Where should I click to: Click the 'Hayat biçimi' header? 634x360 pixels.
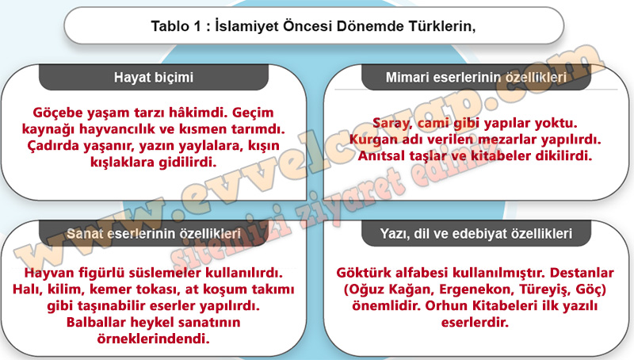[154, 77]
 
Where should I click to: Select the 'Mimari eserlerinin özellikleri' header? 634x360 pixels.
[476, 77]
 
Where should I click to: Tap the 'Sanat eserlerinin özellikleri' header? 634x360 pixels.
[154, 233]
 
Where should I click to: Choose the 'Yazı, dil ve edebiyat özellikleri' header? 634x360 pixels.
[476, 233]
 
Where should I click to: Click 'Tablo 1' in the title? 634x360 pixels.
[175, 26]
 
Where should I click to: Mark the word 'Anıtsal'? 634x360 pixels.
[381, 155]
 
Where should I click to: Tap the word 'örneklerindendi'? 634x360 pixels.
[153, 339]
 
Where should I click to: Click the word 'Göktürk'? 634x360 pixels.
[362, 273]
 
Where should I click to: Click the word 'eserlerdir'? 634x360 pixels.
[475, 323]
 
